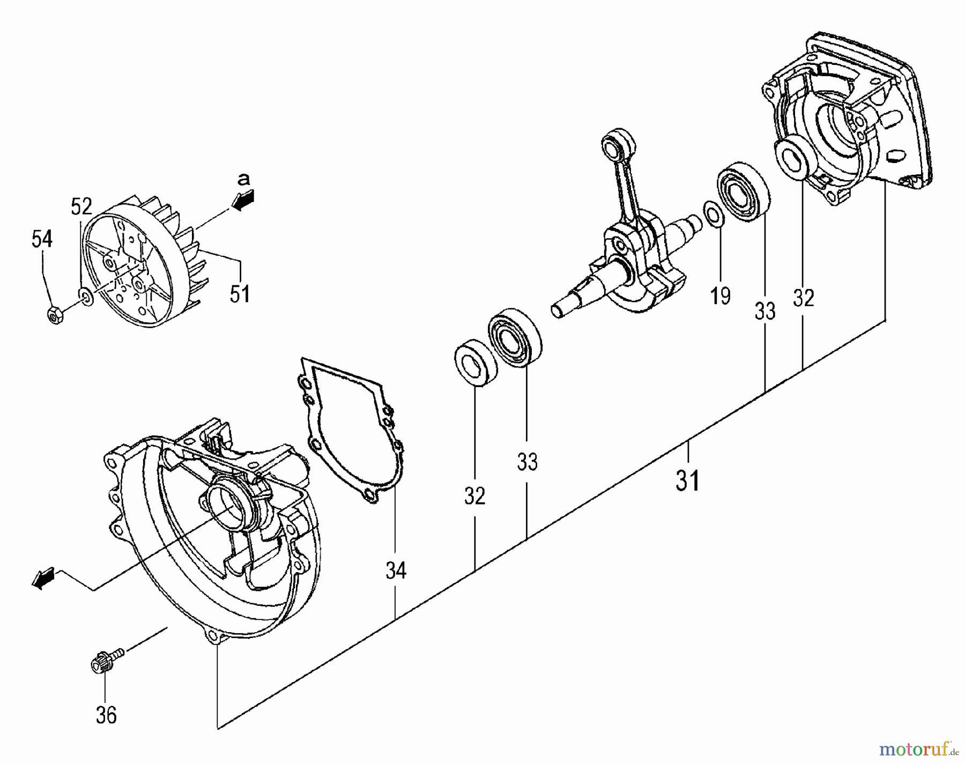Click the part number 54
pyautogui.click(x=42, y=239)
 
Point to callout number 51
pyautogui.click(x=240, y=293)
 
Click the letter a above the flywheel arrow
pyautogui.click(x=244, y=179)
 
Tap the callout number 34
pyautogui.click(x=396, y=571)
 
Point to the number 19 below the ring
pyautogui.click(x=720, y=295)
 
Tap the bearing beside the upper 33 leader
pyautogui.click(x=743, y=189)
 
